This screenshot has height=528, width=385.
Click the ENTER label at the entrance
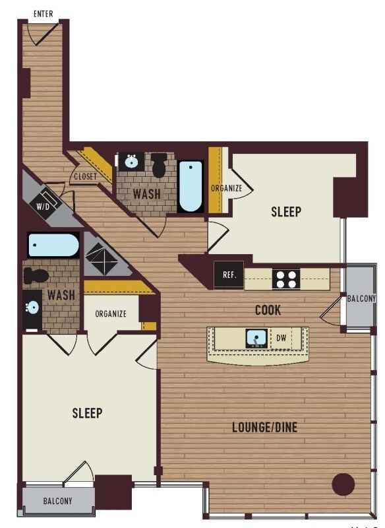pos(44,14)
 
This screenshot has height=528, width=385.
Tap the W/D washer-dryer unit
pos(44,205)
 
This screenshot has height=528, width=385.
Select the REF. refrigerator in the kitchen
pos(229,275)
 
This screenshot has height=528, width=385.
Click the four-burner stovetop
pos(286,279)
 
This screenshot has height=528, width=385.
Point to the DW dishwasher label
pos(281,338)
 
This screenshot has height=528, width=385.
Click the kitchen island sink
pos(257,339)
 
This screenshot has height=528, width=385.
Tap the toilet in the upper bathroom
pos(159,164)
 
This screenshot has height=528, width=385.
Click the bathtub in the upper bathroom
pos(191,186)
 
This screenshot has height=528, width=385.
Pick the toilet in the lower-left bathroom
pos(36,276)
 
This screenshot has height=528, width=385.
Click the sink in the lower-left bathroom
pos(32,307)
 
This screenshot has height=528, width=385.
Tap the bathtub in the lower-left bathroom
pos(53,245)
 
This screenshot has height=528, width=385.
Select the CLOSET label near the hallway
pos(86,176)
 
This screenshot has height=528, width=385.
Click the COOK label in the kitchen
pos(268,310)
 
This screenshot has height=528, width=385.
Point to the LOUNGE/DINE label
pos(265,427)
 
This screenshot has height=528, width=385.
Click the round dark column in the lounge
pos(343,484)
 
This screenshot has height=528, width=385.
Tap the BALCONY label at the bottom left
pos(57,501)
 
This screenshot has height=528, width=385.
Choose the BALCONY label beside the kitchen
pos(361,298)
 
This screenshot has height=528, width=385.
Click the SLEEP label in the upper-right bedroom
pos(286,211)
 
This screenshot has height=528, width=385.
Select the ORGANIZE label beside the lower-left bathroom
pos(111,314)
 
